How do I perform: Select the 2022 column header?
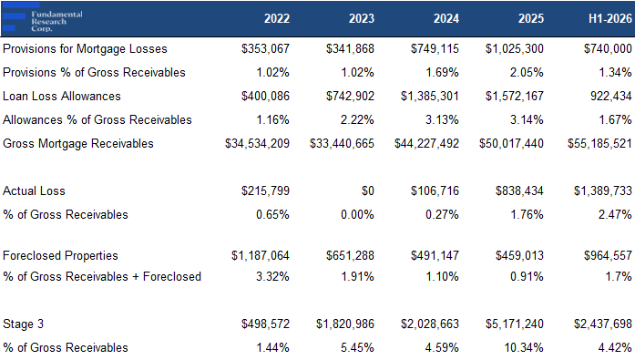(277, 18)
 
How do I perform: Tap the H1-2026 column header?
(609, 18)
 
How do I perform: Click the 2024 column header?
(446, 18)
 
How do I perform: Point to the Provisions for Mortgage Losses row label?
(85, 49)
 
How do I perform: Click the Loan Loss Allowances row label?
(62, 97)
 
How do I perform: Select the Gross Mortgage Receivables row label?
(78, 144)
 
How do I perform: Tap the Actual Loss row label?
(34, 191)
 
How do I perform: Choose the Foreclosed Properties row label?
(60, 256)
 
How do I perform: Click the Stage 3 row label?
(23, 324)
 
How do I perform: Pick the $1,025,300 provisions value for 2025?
(515, 49)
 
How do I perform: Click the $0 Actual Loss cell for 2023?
(368, 191)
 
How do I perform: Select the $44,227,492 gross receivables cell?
(427, 144)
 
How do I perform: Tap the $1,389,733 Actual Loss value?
(603, 191)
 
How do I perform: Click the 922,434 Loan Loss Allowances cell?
(611, 97)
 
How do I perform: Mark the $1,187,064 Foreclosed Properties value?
(261, 256)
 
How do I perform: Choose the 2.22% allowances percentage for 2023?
(357, 120)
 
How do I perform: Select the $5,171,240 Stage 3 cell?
(515, 324)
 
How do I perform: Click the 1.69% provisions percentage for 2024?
(442, 73)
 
